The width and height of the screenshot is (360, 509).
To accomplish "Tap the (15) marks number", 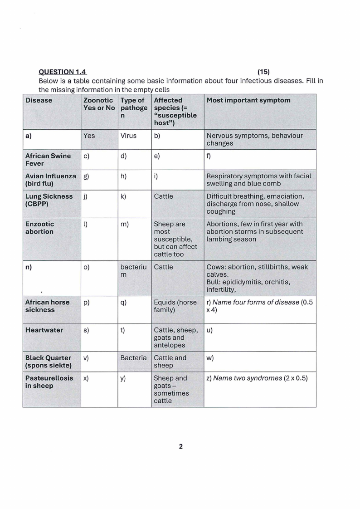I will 264,72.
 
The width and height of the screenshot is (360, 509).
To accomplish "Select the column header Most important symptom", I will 248,100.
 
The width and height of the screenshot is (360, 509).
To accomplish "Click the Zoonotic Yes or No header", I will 99,104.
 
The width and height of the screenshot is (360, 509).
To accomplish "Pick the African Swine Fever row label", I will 48,159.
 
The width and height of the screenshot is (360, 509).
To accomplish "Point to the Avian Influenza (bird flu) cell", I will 50,180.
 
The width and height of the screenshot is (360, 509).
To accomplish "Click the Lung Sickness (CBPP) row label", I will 49,200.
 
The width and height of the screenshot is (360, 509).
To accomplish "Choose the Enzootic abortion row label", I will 39,228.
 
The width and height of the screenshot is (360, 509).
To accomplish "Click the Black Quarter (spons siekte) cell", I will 48,362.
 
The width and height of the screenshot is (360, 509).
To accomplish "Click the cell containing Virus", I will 128,136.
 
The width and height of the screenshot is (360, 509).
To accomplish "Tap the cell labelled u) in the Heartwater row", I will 260,338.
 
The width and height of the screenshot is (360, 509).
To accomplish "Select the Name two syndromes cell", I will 260,378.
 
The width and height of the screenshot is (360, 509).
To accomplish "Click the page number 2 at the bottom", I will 180,446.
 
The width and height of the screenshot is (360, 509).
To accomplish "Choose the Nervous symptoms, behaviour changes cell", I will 254,139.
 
